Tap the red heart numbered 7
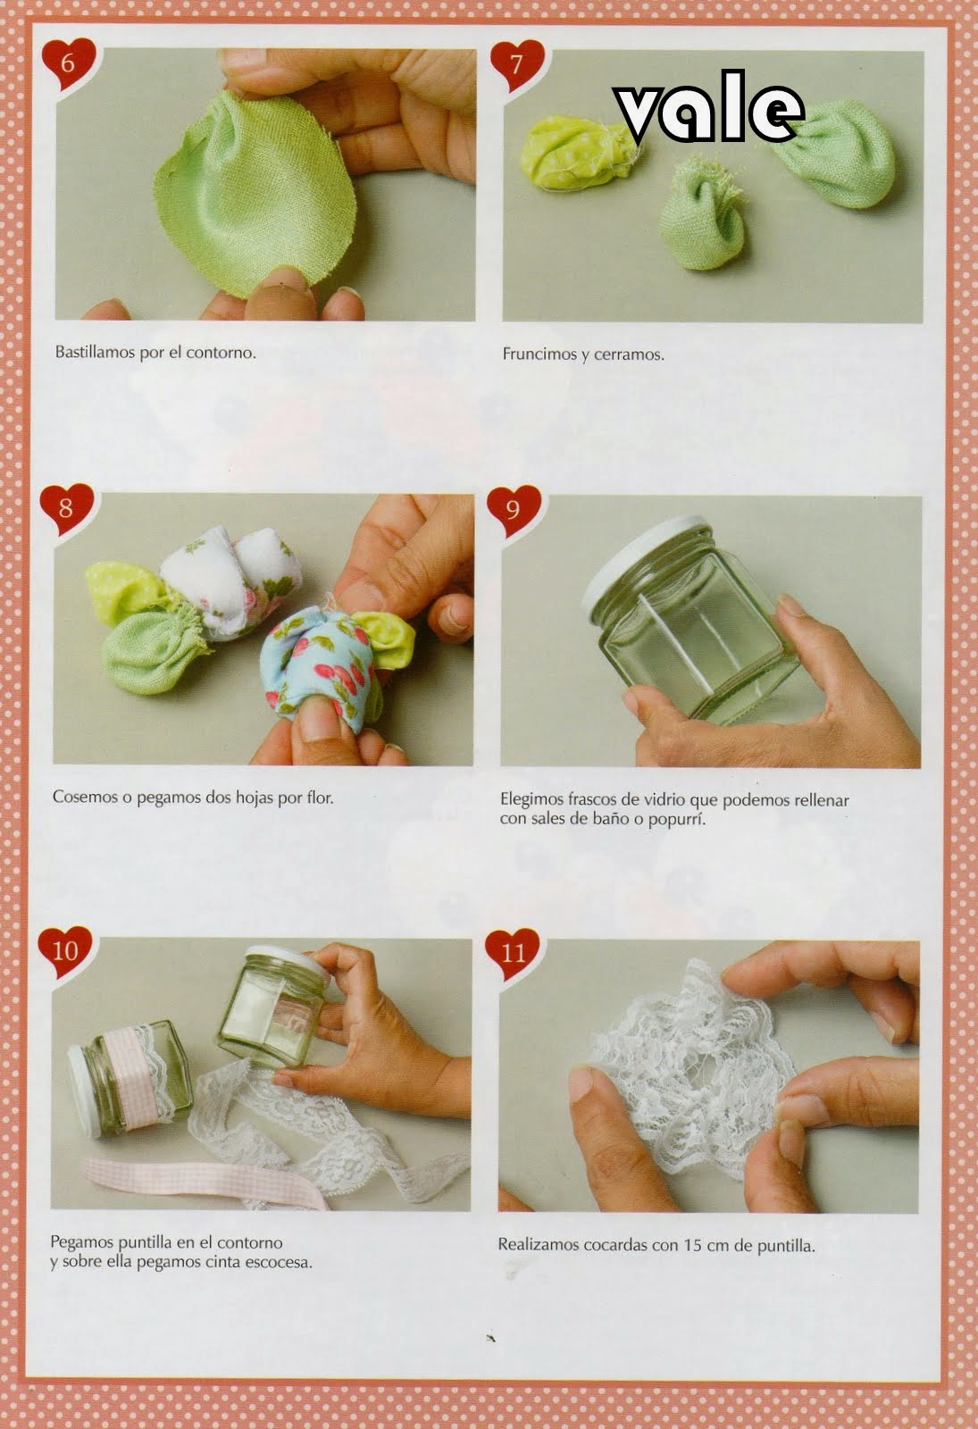(517, 66)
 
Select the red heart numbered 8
(66, 510)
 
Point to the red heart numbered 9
(514, 511)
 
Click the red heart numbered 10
(64, 952)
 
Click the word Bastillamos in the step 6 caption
(95, 352)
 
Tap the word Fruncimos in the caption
(539, 354)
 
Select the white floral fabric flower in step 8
(231, 581)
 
